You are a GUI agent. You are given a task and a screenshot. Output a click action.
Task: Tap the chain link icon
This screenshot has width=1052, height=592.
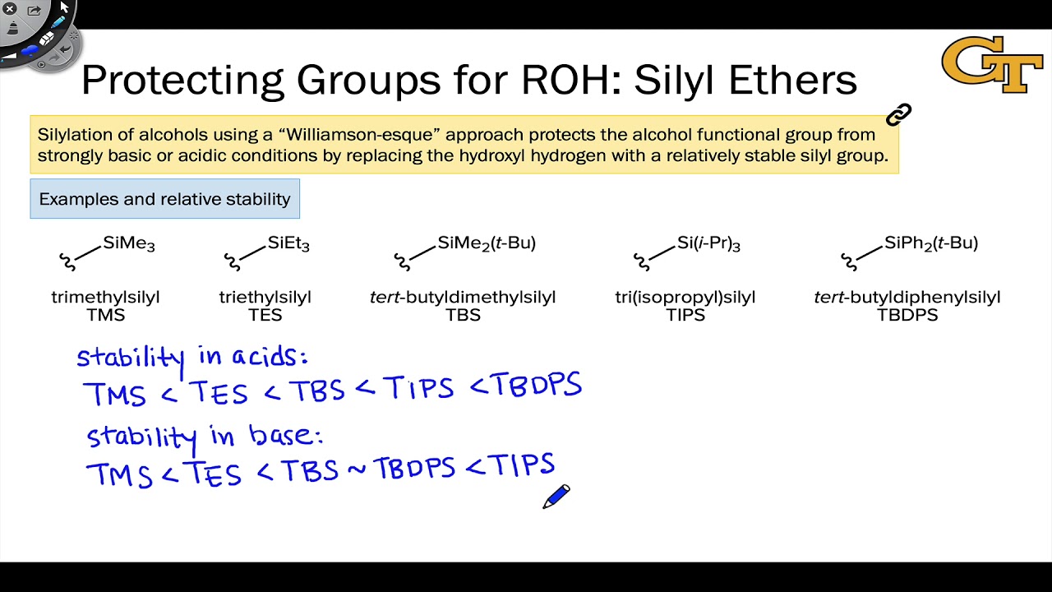[x=899, y=115]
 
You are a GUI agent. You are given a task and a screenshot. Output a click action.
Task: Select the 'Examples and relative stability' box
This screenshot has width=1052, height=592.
[x=164, y=199]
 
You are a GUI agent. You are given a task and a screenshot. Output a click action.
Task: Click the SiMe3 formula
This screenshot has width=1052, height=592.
[x=129, y=243]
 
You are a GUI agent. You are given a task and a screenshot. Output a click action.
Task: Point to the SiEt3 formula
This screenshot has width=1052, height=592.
[x=288, y=243]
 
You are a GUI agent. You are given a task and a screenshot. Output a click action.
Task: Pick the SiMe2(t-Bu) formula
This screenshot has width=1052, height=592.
[x=487, y=243]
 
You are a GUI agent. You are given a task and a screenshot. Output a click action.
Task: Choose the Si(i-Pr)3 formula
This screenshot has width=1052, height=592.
[x=708, y=243]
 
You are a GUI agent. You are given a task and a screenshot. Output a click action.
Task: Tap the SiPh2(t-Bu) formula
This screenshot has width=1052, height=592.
[x=931, y=243]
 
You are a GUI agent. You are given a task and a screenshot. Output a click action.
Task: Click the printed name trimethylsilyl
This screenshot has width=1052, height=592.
[x=105, y=297]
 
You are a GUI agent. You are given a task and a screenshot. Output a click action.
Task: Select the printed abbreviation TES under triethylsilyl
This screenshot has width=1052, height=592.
[x=265, y=315]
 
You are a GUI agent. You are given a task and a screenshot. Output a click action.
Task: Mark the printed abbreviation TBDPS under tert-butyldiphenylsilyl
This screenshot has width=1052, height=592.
[x=907, y=315]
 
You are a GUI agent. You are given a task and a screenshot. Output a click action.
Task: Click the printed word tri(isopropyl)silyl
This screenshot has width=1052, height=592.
[x=685, y=297]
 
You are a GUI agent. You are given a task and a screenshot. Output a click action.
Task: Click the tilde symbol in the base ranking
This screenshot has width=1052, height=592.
[x=357, y=469]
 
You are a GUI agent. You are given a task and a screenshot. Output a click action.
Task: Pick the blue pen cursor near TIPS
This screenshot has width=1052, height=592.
[x=556, y=497]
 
